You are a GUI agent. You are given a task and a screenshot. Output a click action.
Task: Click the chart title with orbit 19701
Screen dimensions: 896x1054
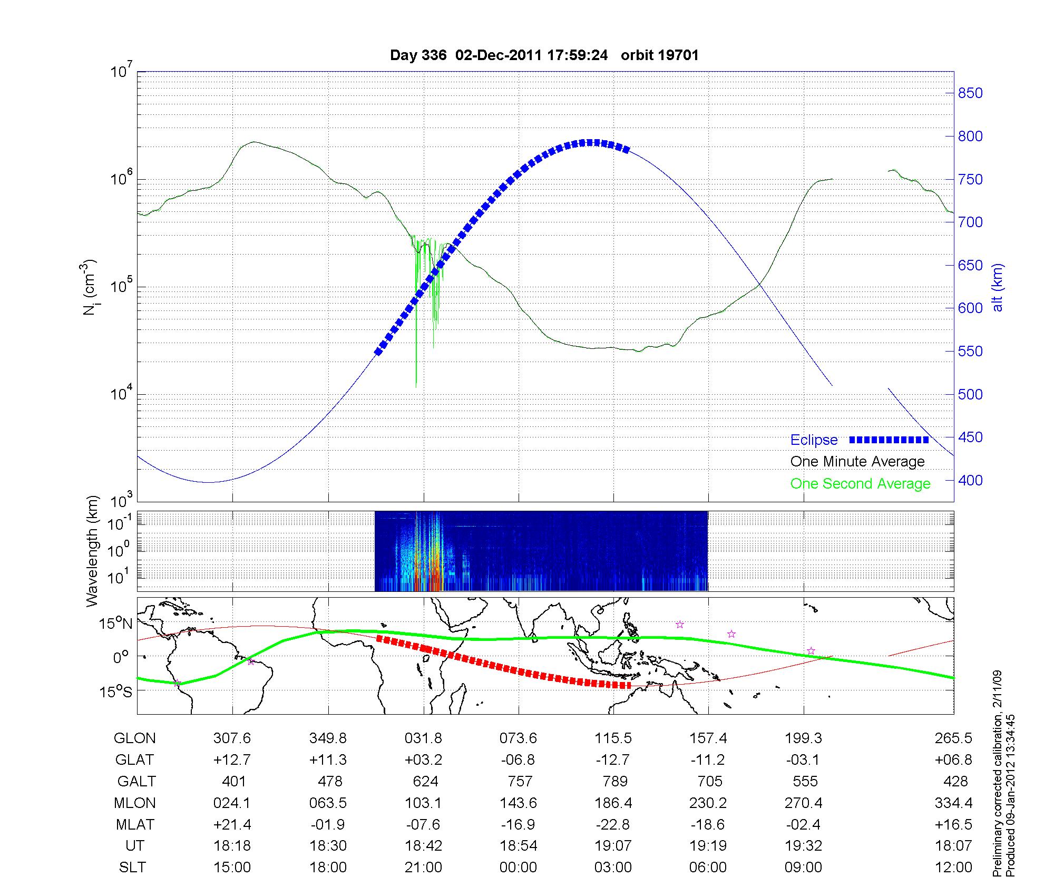(x=544, y=55)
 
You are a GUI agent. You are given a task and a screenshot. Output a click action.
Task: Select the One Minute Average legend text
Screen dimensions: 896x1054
(x=857, y=462)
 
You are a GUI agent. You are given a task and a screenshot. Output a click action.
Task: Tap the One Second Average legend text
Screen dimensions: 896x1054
(x=860, y=484)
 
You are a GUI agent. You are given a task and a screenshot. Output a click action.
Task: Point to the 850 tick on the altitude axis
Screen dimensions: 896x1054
(x=970, y=93)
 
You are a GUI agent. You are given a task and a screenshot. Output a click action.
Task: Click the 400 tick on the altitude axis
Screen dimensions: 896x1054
(x=970, y=480)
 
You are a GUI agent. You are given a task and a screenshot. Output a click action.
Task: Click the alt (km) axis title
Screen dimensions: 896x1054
(x=998, y=287)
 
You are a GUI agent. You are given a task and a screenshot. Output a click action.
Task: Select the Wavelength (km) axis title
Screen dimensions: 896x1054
(x=93, y=551)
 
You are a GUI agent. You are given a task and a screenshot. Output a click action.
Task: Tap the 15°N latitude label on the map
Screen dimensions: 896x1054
(x=116, y=624)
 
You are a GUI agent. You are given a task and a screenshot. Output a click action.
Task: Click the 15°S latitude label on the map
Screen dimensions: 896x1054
(x=116, y=692)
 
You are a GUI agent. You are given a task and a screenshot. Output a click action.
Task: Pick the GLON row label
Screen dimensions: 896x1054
(x=135, y=738)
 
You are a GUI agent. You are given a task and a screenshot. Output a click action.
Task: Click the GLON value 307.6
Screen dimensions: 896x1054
(x=232, y=738)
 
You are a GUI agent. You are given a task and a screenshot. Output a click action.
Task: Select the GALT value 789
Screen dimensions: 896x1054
(x=614, y=781)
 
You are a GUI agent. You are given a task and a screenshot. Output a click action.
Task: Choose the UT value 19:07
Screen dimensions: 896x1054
(x=613, y=846)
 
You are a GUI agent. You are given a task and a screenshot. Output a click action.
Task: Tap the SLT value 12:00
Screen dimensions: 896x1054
(x=955, y=868)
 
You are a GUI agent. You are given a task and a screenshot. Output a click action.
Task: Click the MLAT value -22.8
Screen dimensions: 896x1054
(x=613, y=824)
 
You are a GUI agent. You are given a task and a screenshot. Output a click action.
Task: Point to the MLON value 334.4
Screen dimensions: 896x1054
(x=955, y=803)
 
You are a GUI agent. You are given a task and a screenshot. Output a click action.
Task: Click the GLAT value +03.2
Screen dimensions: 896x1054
(x=423, y=760)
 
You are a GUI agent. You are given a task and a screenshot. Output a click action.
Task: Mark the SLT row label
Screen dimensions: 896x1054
(x=132, y=868)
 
